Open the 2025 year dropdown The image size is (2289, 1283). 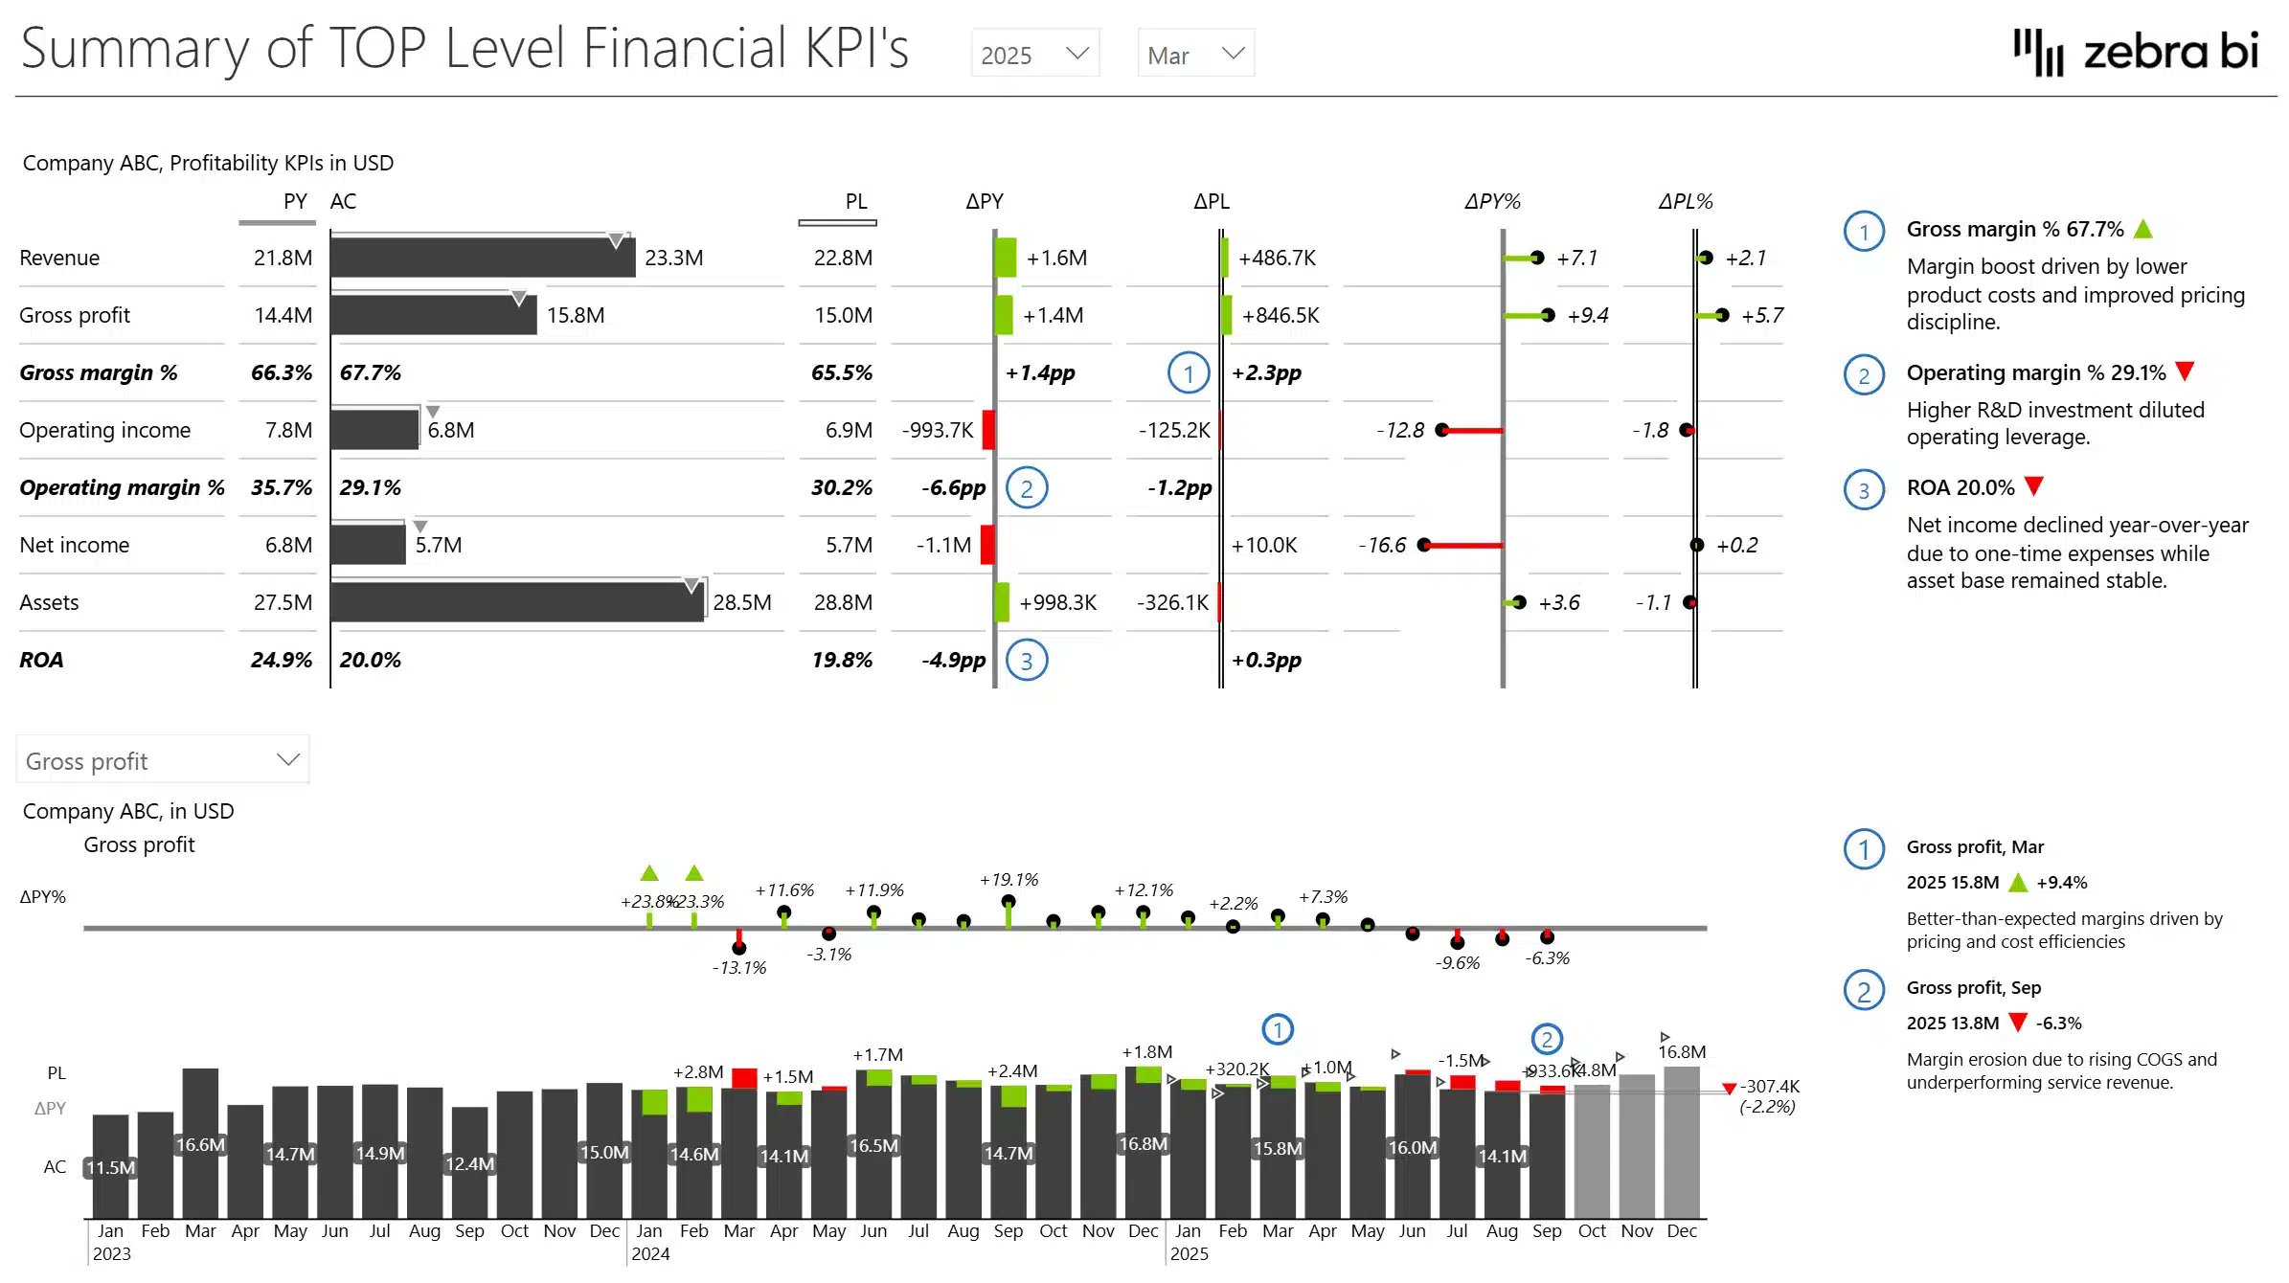1034,55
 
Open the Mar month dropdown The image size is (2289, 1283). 1195,55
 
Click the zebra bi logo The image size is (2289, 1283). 2136,52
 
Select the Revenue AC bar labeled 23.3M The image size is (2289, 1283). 483,258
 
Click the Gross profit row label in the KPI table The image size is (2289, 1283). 75,315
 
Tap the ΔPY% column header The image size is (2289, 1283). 1491,201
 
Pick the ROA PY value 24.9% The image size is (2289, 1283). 281,660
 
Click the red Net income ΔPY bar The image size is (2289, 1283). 987,545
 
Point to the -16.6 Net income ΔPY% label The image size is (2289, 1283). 1382,545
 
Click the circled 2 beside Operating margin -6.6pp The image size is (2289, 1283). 1027,488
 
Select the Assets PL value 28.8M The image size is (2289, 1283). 843,602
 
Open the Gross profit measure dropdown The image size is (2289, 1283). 162,760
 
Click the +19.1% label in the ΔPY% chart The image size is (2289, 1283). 1009,879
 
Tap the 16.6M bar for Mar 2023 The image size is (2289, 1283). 200,1143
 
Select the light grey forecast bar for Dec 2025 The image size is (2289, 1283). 1682,1143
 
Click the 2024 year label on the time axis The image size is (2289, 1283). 650,1254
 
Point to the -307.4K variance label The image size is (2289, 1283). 1769,1086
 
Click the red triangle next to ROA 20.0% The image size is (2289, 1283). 2034,486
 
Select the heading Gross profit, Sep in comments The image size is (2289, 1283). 1973,987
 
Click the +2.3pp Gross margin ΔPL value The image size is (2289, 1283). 1266,372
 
